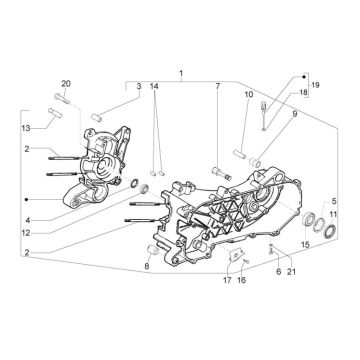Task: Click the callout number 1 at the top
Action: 181,73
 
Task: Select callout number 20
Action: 66,83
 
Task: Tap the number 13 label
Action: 26,128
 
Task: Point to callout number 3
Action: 139,86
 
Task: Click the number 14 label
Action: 154,86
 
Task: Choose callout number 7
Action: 217,86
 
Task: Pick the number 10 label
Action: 249,94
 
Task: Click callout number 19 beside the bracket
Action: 315,85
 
